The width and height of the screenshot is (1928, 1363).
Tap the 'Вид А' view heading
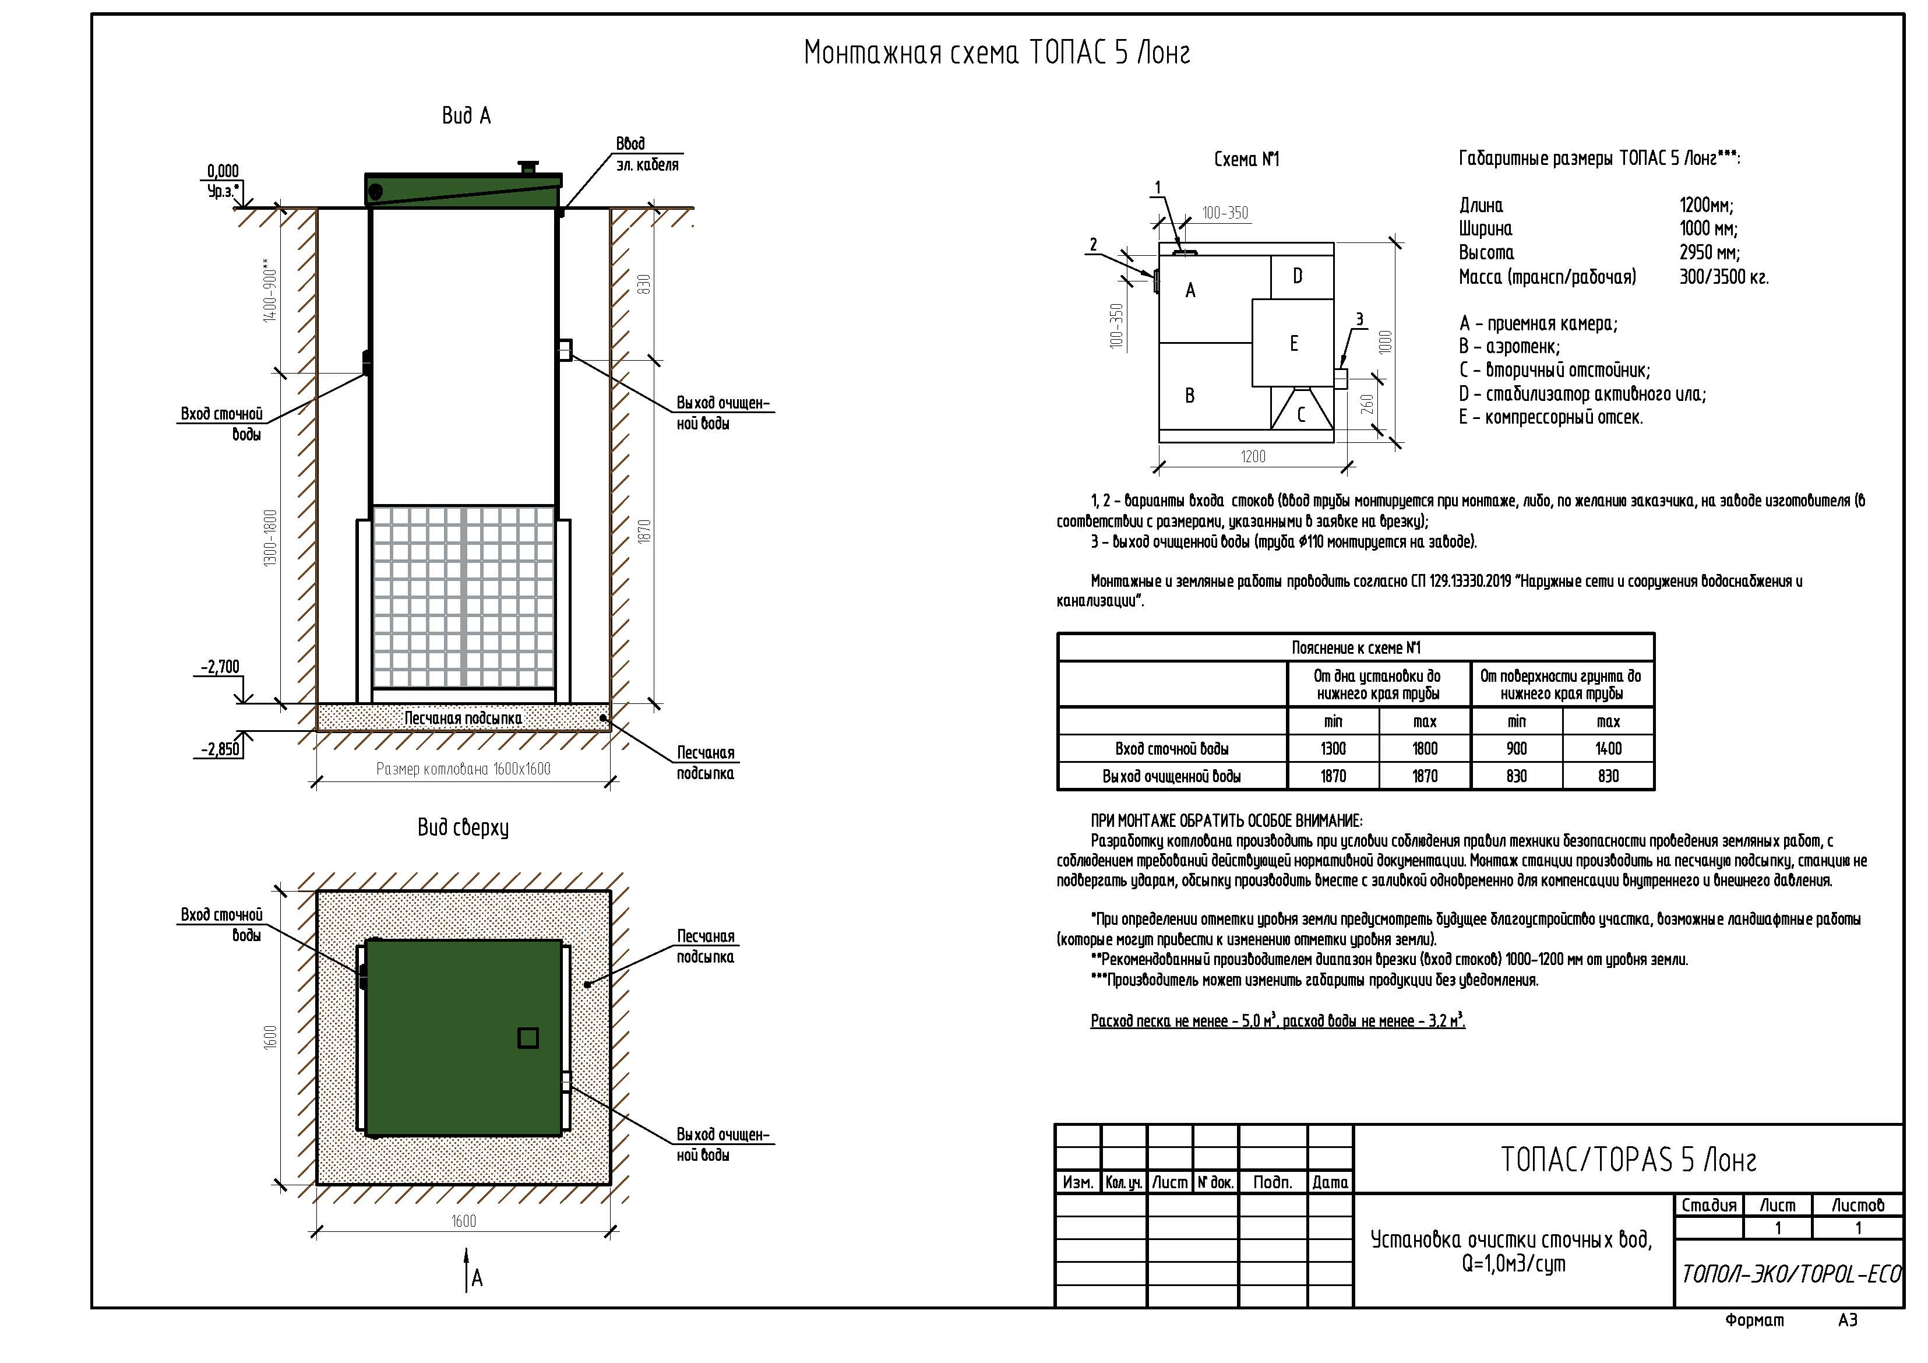tap(466, 116)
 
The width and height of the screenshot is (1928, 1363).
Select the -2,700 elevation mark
tap(220, 667)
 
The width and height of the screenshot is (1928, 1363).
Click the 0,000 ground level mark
tap(223, 171)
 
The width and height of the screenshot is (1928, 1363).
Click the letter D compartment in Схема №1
tap(1298, 276)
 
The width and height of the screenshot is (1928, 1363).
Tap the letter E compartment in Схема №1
tap(1294, 343)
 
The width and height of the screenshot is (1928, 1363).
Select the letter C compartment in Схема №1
tap(1300, 415)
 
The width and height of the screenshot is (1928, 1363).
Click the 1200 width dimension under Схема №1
tap(1253, 457)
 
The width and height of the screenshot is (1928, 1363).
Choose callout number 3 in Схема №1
tap(1359, 319)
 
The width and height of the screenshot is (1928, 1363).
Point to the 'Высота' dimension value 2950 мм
tap(1710, 253)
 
